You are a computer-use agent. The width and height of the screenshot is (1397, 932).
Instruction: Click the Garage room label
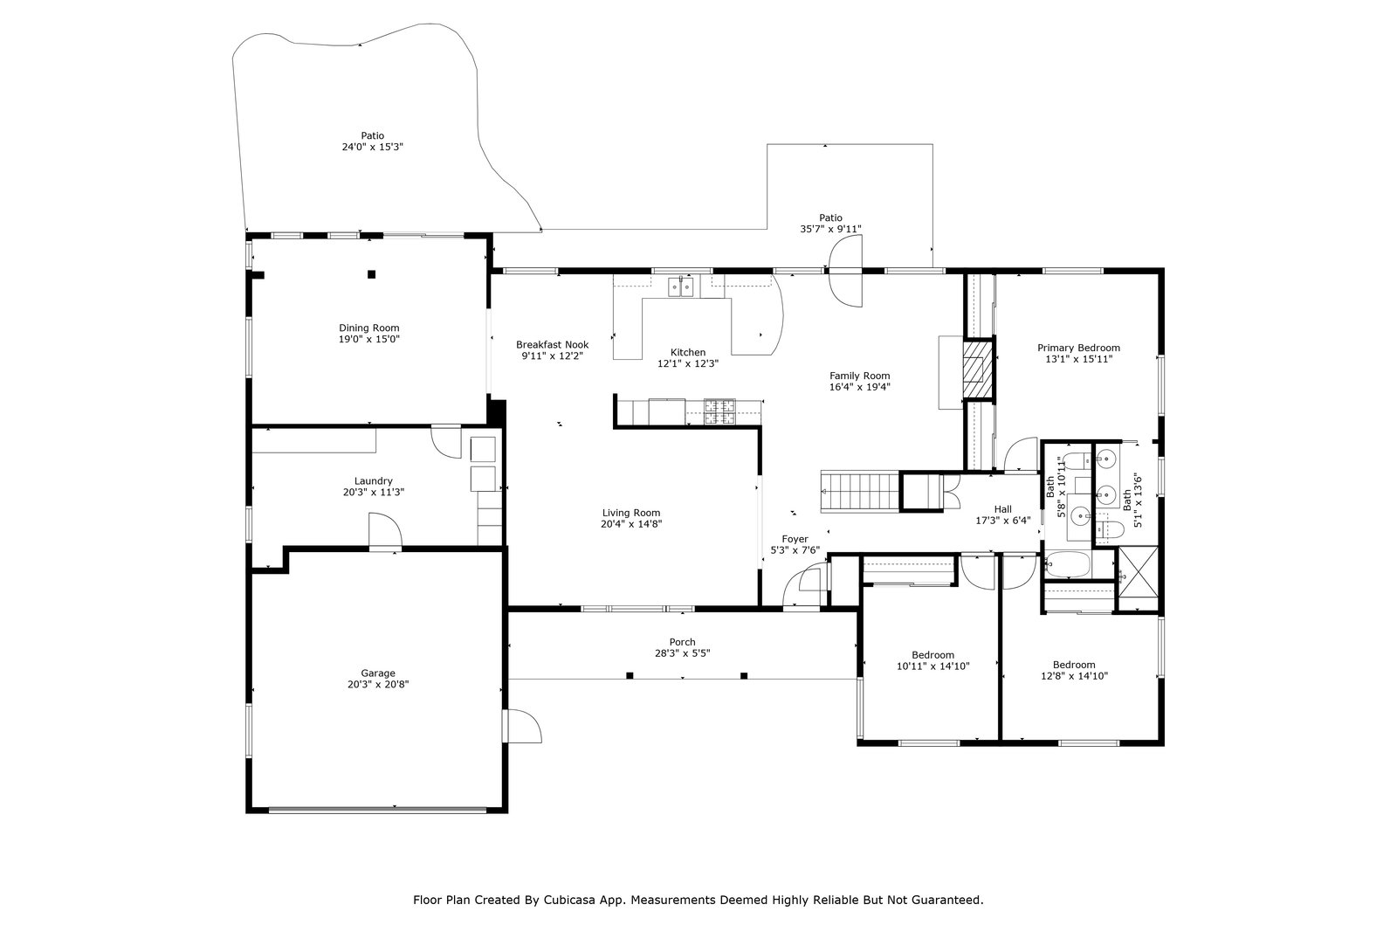click(378, 673)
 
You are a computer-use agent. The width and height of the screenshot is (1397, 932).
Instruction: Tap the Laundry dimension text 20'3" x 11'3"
click(373, 493)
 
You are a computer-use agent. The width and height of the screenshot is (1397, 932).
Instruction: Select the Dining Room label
click(369, 328)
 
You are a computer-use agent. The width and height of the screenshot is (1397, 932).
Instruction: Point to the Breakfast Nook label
click(552, 345)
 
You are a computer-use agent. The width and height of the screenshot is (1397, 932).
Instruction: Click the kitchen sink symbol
click(680, 286)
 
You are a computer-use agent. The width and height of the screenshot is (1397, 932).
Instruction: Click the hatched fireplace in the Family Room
click(978, 369)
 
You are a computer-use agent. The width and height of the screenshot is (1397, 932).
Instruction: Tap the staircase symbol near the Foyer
click(858, 490)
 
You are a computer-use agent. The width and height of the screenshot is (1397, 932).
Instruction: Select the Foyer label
click(795, 539)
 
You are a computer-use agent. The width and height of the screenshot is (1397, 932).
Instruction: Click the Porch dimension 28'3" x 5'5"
click(682, 653)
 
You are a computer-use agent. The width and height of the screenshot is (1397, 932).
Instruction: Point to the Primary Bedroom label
click(1078, 348)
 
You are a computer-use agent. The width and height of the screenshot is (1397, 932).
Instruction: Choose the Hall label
click(1002, 509)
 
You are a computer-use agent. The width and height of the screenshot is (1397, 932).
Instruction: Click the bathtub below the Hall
click(1067, 566)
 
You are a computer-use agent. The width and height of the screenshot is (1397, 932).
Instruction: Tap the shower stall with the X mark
click(1139, 577)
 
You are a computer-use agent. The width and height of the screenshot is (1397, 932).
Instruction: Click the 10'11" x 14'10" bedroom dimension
click(932, 666)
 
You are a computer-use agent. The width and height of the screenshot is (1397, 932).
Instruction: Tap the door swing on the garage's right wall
click(522, 724)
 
